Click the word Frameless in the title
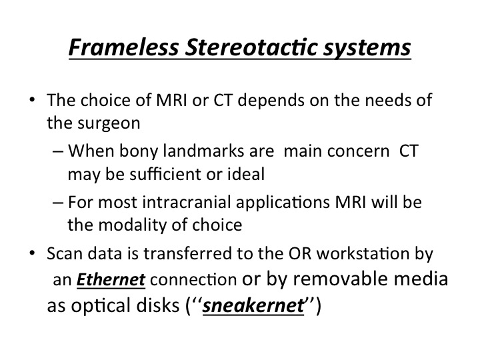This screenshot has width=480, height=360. tap(124, 47)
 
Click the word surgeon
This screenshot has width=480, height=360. tap(109, 124)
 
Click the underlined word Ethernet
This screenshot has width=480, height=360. tap(111, 279)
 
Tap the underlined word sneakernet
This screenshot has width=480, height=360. tap(253, 305)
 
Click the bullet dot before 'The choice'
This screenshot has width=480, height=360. tap(33, 100)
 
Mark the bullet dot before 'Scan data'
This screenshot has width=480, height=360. tap(33, 253)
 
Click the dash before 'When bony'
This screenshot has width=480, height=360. tap(58, 151)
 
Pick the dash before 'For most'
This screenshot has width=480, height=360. tap(58, 203)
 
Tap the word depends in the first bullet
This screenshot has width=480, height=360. tap(271, 101)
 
